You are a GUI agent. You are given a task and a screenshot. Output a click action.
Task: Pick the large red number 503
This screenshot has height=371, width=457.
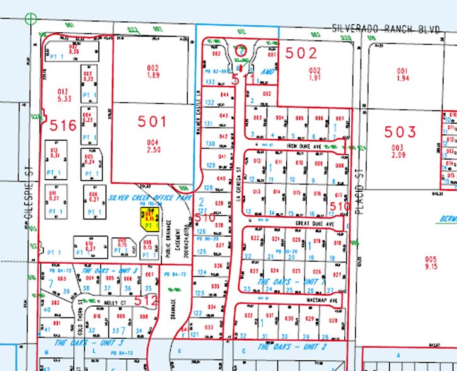click(x=401, y=132)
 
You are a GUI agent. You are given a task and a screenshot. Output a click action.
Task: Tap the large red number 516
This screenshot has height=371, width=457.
click(x=64, y=125)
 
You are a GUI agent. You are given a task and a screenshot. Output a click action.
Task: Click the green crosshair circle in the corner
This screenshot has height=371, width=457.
click(x=30, y=19)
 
